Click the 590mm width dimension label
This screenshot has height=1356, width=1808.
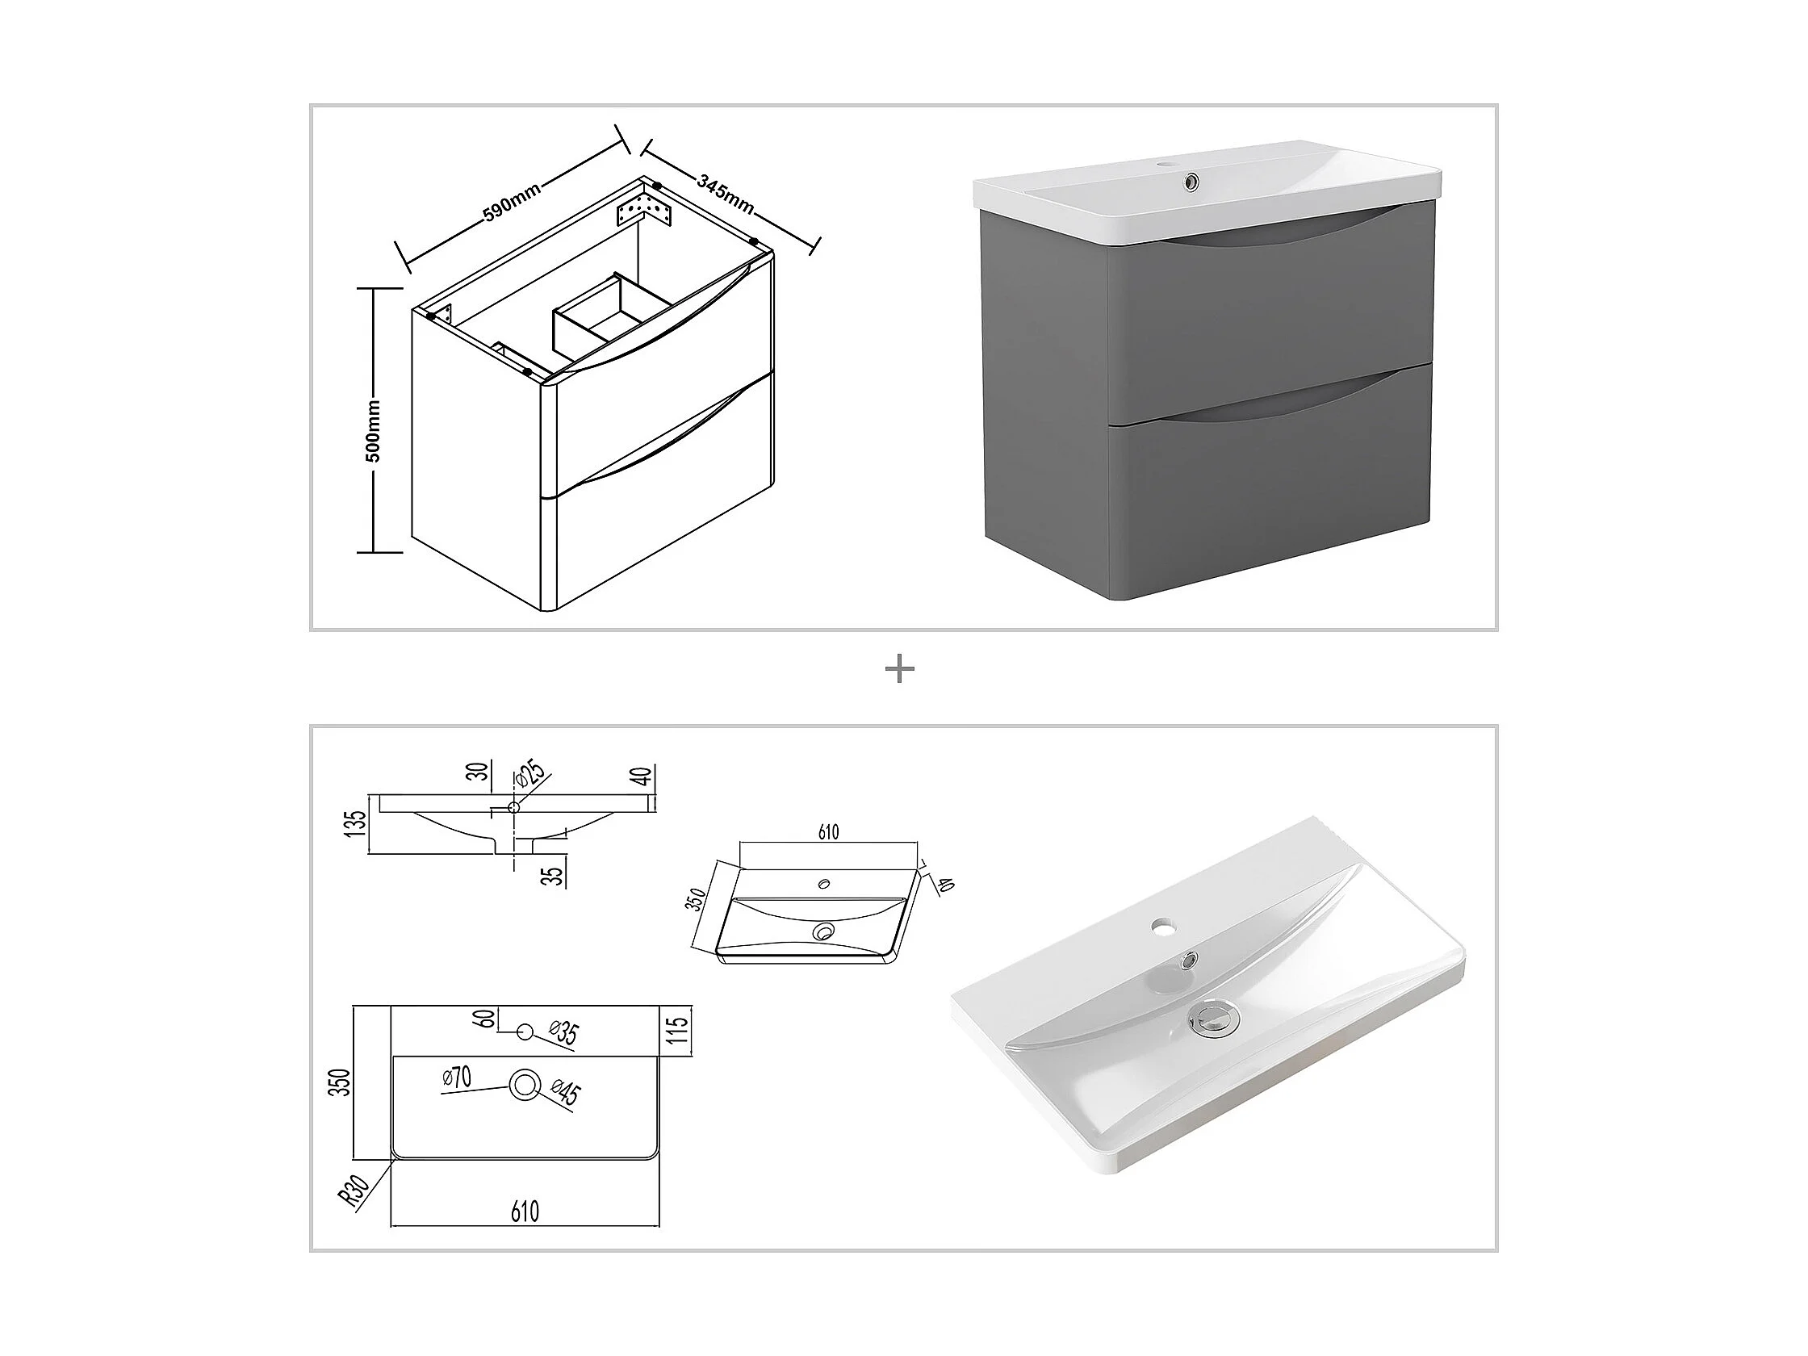pyautogui.click(x=511, y=202)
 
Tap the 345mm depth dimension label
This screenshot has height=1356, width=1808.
pyautogui.click(x=725, y=194)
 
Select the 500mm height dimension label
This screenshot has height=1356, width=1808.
pyautogui.click(x=373, y=431)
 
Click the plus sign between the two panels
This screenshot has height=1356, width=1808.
pyautogui.click(x=900, y=670)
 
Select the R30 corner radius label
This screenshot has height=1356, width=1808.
pyautogui.click(x=354, y=1191)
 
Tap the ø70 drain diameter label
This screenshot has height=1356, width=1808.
pyautogui.click(x=457, y=1078)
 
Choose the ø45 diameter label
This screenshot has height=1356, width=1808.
pyautogui.click(x=566, y=1091)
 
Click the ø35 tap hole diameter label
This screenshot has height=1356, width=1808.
pyautogui.click(x=563, y=1033)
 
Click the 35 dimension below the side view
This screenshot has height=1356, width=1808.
pyautogui.click(x=555, y=876)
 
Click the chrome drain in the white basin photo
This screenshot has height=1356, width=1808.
pyautogui.click(x=1213, y=1017)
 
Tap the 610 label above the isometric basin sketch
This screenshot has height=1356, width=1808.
pyautogui.click(x=828, y=832)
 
